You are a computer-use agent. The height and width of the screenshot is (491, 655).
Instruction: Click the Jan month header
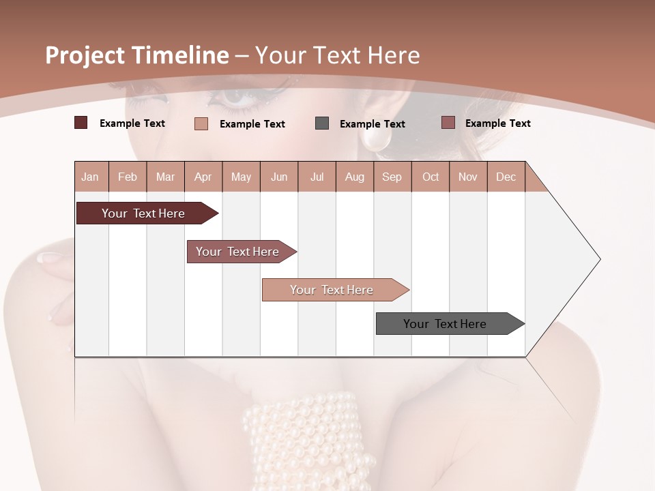coord(90,177)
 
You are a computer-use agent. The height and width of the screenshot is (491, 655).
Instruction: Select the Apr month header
coord(203,177)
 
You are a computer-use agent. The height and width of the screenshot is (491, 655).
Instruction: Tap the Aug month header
coord(354,177)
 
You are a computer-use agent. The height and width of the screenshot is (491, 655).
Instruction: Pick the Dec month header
coord(506,177)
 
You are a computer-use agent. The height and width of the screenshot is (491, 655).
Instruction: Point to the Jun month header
coord(279,177)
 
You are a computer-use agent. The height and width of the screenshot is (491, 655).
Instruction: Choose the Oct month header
coord(431,177)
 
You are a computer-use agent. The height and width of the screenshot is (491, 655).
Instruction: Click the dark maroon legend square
coord(81,123)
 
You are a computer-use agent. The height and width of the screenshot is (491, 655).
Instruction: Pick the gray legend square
coord(322,123)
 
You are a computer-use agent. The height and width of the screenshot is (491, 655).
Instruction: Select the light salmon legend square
coord(201,123)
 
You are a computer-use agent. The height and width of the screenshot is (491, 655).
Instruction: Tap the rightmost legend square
coord(448,123)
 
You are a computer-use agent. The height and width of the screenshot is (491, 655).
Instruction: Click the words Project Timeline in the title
coord(136,55)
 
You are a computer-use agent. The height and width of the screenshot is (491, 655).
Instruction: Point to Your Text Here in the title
coord(337,55)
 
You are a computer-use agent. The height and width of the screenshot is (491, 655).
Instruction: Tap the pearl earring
coord(375,140)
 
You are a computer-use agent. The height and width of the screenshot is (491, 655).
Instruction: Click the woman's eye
coord(235,98)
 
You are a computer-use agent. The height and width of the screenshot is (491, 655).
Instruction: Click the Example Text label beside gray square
coord(372,124)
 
